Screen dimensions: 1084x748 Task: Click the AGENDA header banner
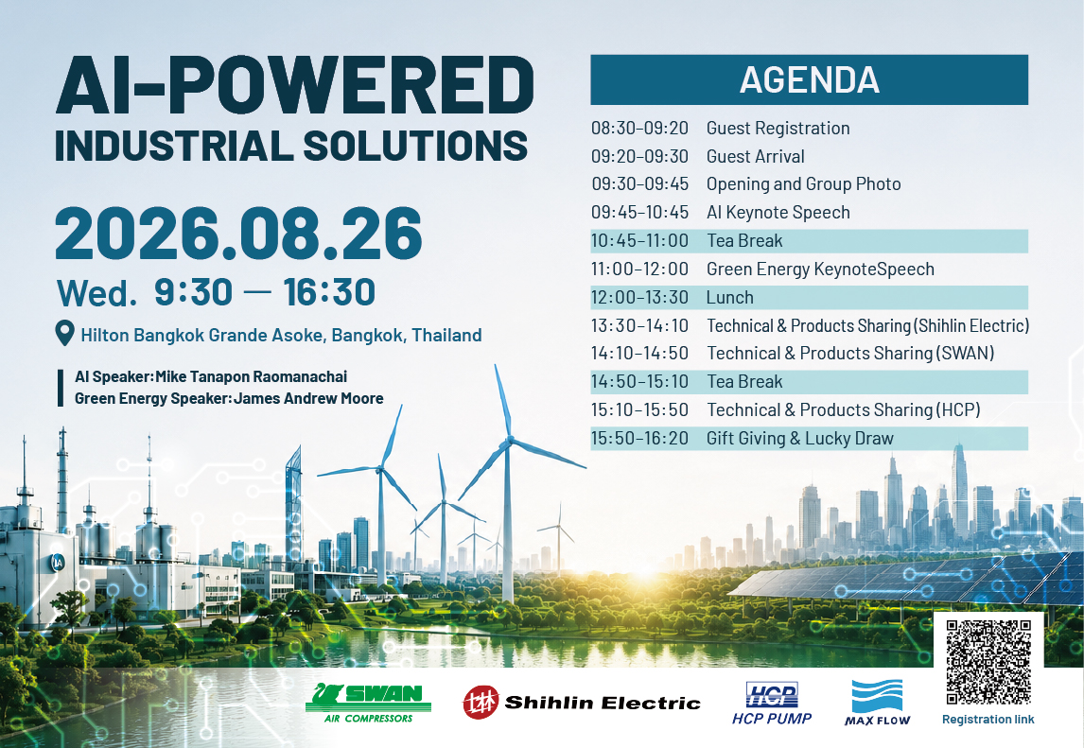click(809, 79)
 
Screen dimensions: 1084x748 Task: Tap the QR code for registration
click(988, 662)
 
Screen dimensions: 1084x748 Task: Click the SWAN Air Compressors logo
click(369, 703)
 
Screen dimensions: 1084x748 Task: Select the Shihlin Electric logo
click(582, 703)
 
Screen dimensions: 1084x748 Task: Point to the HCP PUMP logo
click(772, 704)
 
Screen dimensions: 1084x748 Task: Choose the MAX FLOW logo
click(877, 703)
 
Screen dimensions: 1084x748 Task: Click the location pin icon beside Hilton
click(64, 333)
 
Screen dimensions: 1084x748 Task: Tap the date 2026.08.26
click(238, 233)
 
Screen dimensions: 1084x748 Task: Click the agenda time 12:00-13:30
click(639, 297)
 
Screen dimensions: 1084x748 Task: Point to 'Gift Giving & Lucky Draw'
click(800, 438)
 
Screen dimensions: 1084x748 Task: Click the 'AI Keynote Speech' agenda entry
click(778, 212)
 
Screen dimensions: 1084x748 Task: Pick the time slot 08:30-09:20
click(639, 128)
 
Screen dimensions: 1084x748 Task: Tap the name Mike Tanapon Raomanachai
click(251, 376)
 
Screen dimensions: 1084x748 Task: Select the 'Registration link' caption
click(988, 719)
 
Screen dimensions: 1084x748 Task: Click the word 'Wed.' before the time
click(96, 293)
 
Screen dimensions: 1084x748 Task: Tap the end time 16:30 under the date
click(329, 292)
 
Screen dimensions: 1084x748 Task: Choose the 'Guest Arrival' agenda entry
click(755, 156)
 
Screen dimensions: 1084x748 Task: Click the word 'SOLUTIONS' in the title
click(415, 146)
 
